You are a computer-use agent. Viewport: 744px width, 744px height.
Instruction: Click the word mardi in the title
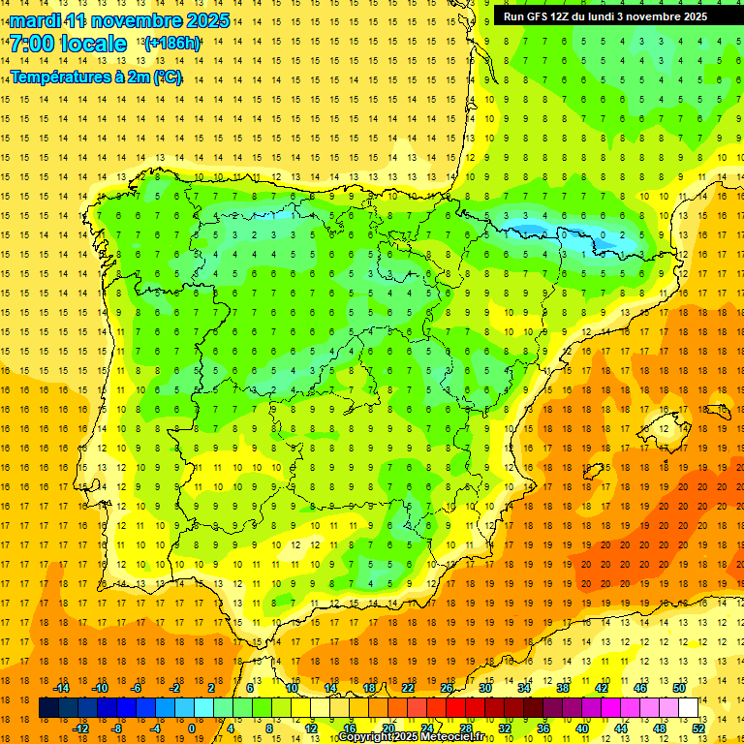[x=38, y=20]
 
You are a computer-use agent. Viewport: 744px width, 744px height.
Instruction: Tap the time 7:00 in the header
[x=35, y=44]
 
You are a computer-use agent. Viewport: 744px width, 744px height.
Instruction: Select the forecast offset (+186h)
[x=172, y=44]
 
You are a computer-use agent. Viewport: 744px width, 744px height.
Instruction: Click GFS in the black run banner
[x=538, y=16]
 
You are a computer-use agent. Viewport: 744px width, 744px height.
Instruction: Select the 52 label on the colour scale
[x=698, y=728]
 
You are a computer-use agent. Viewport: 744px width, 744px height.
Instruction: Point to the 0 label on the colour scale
[x=192, y=728]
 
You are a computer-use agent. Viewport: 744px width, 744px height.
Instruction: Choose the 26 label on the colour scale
[x=447, y=688]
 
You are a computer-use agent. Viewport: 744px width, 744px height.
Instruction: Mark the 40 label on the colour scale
[x=582, y=728]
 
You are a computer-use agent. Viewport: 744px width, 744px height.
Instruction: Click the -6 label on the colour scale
[x=137, y=688]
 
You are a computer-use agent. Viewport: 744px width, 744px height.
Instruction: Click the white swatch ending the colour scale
[x=689, y=708]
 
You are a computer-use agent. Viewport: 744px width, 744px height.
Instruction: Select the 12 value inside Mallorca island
[x=665, y=428]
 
